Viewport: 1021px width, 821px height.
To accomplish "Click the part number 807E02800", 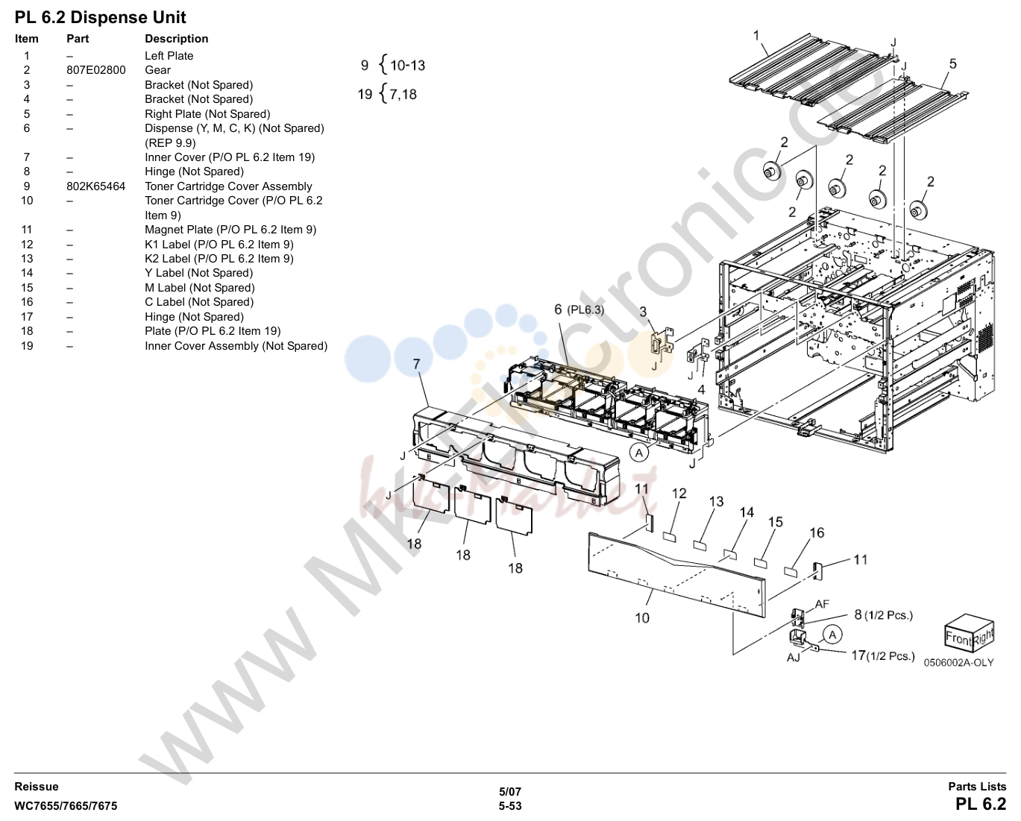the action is [x=96, y=70].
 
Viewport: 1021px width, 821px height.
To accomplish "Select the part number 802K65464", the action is [x=96, y=186].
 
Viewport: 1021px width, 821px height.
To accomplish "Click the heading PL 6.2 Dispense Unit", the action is [x=100, y=18].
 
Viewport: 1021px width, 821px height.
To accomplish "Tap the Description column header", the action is [x=177, y=39].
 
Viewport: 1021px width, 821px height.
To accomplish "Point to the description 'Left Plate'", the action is [x=169, y=56].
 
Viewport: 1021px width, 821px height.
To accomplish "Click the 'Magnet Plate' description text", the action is [x=179, y=230].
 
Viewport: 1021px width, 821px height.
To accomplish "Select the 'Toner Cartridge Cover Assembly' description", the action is [x=228, y=186].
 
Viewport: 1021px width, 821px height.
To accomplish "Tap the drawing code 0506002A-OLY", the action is [x=958, y=663].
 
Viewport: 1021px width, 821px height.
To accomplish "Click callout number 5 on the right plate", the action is [x=952, y=64].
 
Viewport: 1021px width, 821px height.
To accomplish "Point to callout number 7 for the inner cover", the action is [x=417, y=364].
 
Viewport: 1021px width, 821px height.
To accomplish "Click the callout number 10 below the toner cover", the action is [x=642, y=618].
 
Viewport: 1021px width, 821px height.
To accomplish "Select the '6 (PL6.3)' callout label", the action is [x=579, y=309].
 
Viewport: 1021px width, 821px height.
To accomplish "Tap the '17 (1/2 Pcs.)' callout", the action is [x=883, y=656].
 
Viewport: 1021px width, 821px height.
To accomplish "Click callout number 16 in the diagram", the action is [x=817, y=533].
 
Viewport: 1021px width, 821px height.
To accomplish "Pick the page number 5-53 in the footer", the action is [x=510, y=806].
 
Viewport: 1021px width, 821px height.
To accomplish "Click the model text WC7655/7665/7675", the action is [x=66, y=806].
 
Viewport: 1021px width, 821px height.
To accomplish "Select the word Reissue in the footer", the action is [x=37, y=787].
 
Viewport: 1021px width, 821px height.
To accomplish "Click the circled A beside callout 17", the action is [x=832, y=635].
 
